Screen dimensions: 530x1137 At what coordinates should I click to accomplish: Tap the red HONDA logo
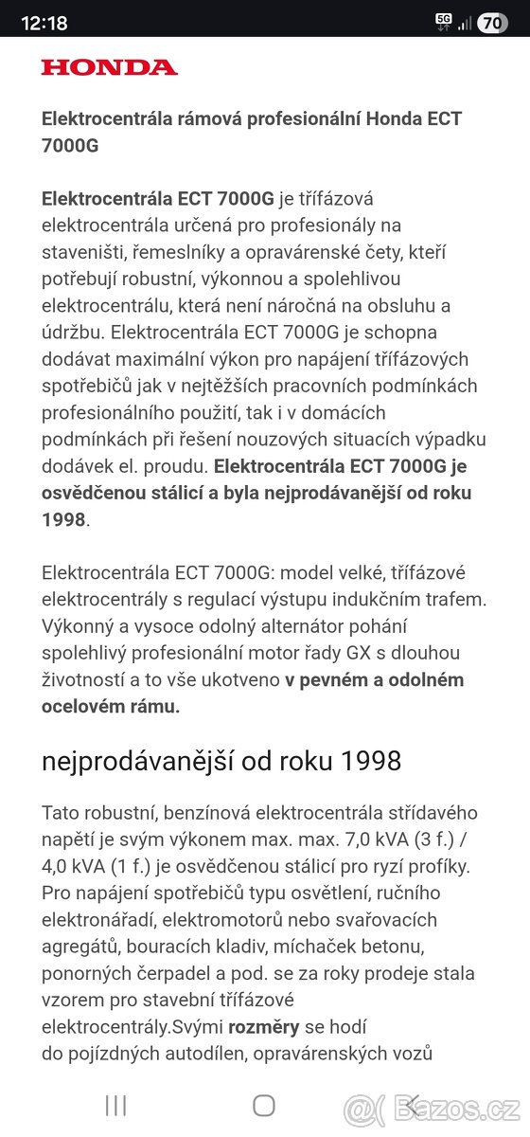(109, 67)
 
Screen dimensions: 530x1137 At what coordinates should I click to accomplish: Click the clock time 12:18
(44, 24)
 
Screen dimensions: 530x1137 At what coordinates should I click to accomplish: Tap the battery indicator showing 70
(492, 24)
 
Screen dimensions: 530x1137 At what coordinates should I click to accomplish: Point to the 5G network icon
(444, 21)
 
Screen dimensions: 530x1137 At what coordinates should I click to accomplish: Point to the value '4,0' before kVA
(60, 866)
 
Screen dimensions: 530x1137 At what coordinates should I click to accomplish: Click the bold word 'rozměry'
(263, 1026)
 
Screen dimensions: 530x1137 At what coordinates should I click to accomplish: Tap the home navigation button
(264, 1105)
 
